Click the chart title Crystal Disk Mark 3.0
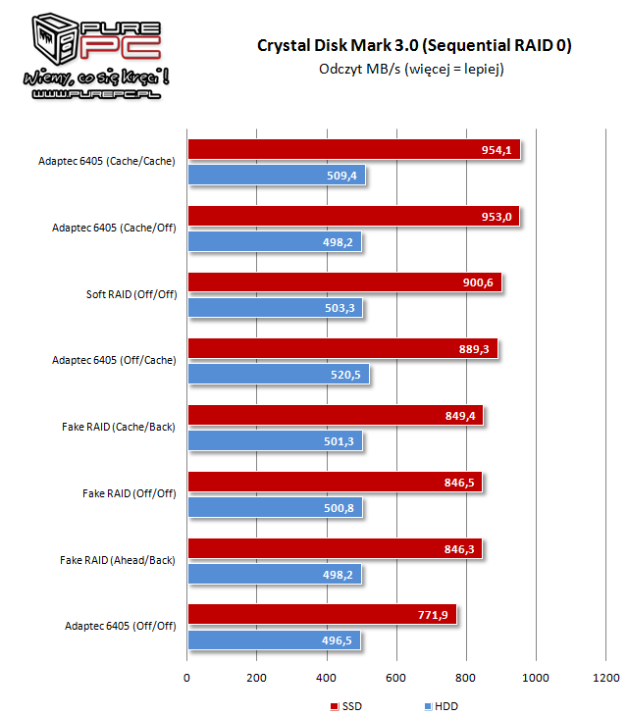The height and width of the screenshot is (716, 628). coord(414,45)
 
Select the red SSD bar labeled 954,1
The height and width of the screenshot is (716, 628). coord(353,150)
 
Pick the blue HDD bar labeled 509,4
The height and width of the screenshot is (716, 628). coord(275,176)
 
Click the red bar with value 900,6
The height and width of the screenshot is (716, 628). coord(343,282)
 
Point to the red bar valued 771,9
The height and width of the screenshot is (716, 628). coord(321,615)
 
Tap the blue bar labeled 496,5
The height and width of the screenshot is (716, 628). coord(273,640)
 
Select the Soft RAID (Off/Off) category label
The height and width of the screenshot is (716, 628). coord(131,293)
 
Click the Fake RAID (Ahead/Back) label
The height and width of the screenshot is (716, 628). coord(118,559)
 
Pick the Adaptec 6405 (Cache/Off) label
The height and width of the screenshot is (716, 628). coord(114,228)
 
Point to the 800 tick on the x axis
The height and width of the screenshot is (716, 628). coord(466,678)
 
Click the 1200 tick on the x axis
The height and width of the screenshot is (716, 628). coord(605,678)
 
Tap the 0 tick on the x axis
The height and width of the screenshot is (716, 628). coord(187,678)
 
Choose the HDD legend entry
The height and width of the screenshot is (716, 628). coord(442,706)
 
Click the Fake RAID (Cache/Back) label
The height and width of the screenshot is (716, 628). coord(118,427)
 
